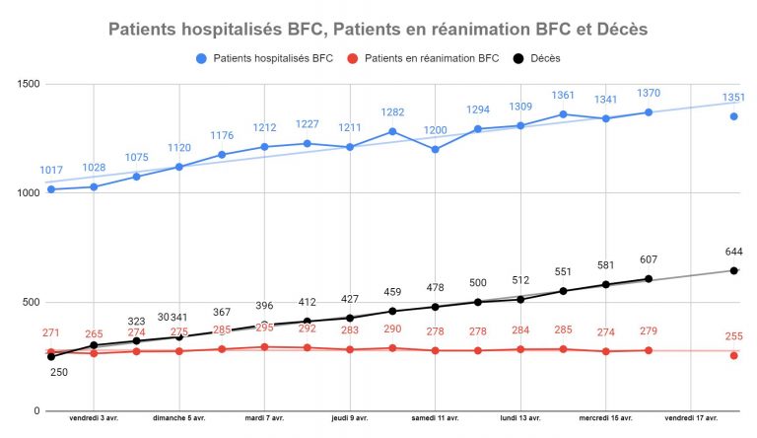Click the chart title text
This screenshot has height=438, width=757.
pyautogui.click(x=378, y=30)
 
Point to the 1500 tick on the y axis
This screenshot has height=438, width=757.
pyautogui.click(x=27, y=84)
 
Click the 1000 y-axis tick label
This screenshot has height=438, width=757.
pyautogui.click(x=27, y=193)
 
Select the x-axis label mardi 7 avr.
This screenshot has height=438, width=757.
pyautogui.click(x=265, y=418)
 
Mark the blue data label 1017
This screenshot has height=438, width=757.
pyautogui.click(x=51, y=171)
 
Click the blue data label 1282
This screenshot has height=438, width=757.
pyautogui.click(x=392, y=112)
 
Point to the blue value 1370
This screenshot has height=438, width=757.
pyautogui.click(x=649, y=93)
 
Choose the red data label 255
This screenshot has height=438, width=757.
pyautogui.click(x=733, y=335)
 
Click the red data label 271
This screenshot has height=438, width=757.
pyautogui.click(x=51, y=333)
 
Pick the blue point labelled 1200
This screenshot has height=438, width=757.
pyautogui.click(x=435, y=149)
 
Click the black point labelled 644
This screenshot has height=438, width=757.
pyautogui.click(x=733, y=270)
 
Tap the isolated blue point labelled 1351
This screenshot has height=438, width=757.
pyautogui.click(x=733, y=116)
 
